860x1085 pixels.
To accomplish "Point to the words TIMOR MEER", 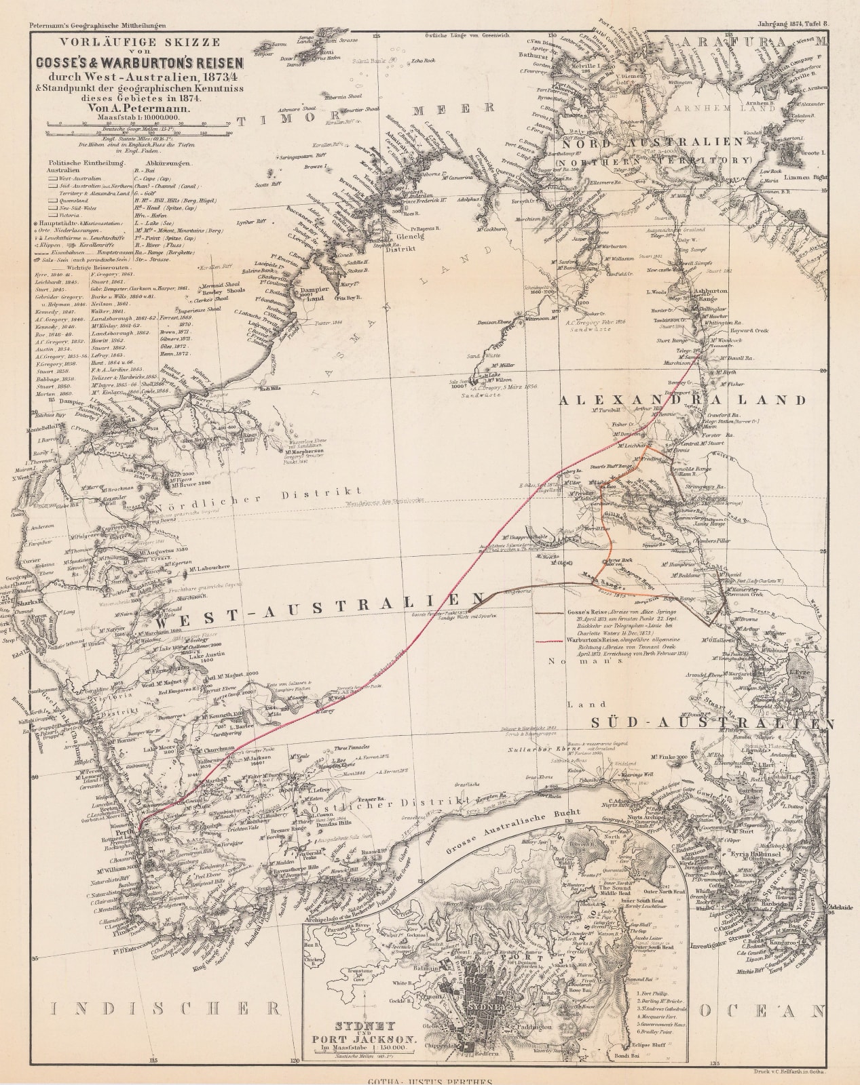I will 367,115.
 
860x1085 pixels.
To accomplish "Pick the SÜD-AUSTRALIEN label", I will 711,724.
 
